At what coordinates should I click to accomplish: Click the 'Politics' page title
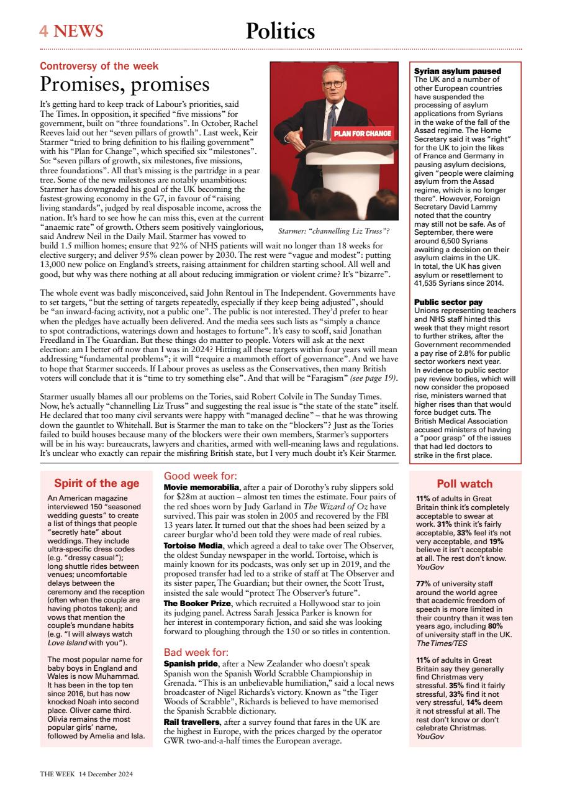point(280,30)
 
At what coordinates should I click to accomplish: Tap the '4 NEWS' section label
point(71,30)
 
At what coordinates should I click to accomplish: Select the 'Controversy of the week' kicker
point(99,66)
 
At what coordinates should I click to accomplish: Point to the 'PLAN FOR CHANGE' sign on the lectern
point(363,134)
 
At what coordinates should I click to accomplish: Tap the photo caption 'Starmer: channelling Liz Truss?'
point(333,231)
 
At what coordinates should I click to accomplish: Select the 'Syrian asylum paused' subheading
point(457,71)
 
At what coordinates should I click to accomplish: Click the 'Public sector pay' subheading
point(448,302)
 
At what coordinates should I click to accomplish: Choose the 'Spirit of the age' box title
point(96,483)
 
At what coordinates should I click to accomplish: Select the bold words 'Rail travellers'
point(192,722)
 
